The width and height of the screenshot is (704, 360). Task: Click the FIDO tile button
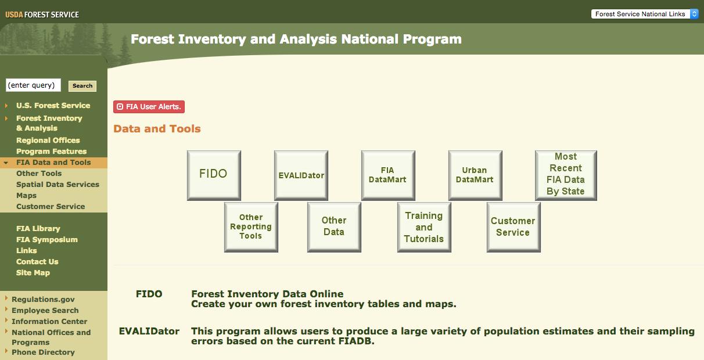pos(214,175)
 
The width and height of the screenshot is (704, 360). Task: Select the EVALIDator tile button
pos(301,175)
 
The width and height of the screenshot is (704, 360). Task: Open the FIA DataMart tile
pos(388,175)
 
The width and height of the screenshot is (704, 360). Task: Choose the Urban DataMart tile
pos(475,175)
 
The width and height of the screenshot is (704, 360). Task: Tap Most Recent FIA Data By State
pos(566,175)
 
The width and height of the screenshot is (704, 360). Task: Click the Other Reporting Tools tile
pos(251,227)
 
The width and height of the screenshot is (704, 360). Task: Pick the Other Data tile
pos(334,227)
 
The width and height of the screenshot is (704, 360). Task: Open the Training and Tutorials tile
pos(424,227)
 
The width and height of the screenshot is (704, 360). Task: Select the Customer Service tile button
pos(513,227)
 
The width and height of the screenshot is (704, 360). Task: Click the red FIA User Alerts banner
pos(149,107)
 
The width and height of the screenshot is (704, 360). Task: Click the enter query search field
pos(33,85)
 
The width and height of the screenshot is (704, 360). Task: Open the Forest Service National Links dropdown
pos(645,14)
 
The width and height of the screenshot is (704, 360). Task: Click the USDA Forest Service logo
pos(42,15)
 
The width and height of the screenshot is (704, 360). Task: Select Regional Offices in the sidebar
pos(48,140)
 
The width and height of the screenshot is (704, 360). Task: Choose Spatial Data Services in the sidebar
pos(58,185)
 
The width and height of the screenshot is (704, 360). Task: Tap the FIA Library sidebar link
pos(38,229)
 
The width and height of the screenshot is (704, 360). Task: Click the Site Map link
pos(33,273)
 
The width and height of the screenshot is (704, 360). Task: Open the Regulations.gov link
pos(43,300)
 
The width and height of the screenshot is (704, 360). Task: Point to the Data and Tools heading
pos(157,129)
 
